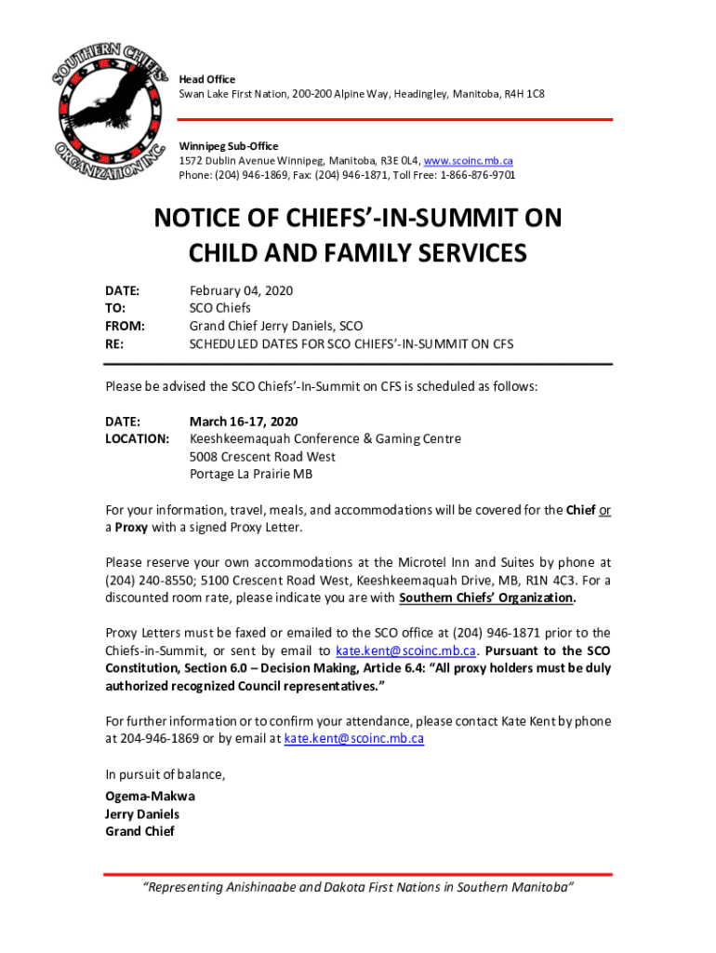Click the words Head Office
(207, 80)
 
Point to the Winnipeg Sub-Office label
(229, 146)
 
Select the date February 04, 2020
(241, 291)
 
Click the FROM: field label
(125, 327)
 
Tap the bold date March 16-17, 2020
(244, 421)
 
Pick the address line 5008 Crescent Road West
(262, 457)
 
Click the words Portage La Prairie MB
(251, 475)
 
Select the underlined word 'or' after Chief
(604, 510)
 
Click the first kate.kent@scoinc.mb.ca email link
(406, 651)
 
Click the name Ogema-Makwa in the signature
(150, 797)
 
